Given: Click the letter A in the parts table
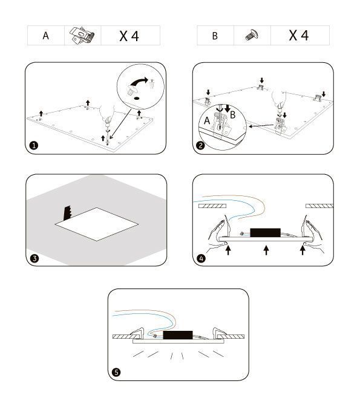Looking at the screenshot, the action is point(46,36).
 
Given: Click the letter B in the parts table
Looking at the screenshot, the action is point(215,36).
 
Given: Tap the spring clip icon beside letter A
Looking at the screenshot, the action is point(82,36).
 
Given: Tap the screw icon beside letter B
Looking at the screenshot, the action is point(252,35).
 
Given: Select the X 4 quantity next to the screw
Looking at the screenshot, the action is point(299,35).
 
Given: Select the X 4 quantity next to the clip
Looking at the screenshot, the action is point(129,36).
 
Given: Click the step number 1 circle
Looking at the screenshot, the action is point(34,146).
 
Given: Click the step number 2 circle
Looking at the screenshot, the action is point(201,146).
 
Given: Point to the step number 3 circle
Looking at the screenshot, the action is point(34,258).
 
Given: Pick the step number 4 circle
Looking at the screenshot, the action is point(201,258).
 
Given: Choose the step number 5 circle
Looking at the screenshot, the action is point(116,372).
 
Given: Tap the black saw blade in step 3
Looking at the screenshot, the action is point(68,213).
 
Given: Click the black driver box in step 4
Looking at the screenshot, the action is point(266,232).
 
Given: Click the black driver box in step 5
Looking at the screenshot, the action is point(178,335).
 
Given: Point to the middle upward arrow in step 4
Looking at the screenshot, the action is point(266,250).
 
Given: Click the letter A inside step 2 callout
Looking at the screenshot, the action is point(207,120).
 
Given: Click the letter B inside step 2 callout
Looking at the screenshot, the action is point(233,115).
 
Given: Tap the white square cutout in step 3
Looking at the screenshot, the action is point(97,224).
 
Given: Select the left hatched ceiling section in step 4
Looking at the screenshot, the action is point(212,206).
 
